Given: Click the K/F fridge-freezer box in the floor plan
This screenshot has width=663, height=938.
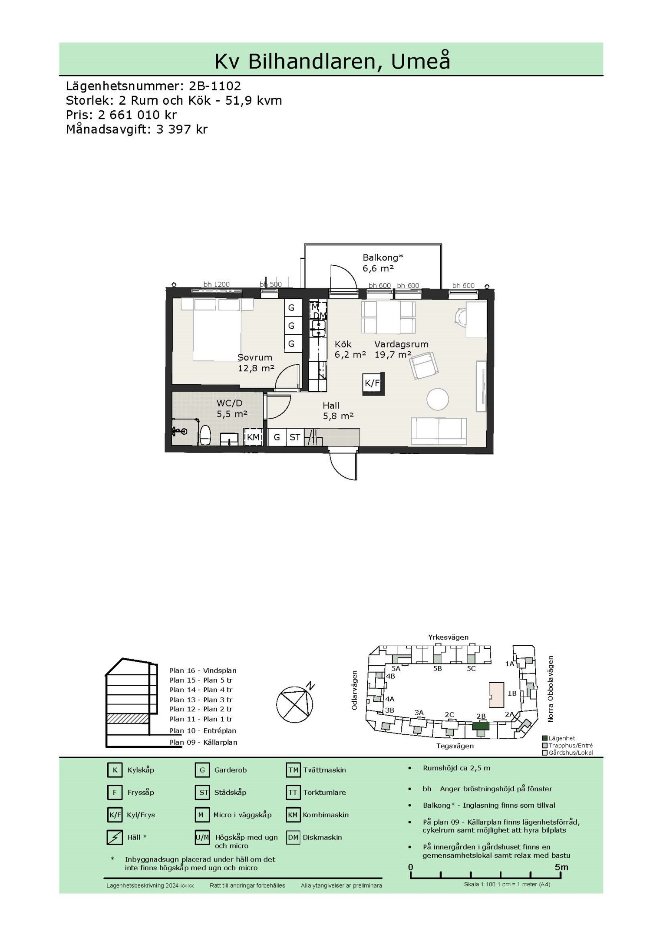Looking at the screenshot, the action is (x=372, y=383).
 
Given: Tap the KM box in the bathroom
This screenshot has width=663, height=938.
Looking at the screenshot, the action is (x=253, y=437).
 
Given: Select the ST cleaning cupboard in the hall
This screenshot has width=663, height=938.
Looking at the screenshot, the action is (x=295, y=437).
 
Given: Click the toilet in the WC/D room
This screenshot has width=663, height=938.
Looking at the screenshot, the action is (x=205, y=435).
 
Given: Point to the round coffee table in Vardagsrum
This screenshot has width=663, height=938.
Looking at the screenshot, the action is (x=437, y=399).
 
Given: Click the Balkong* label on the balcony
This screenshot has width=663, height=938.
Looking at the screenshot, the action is (x=383, y=258).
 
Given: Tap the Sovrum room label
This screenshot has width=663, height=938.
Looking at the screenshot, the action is (x=255, y=357).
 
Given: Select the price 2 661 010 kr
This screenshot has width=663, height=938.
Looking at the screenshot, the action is (x=137, y=115).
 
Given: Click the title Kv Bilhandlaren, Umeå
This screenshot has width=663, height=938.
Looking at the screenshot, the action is (x=332, y=61).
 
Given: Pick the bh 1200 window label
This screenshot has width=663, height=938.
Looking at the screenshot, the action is (x=216, y=284).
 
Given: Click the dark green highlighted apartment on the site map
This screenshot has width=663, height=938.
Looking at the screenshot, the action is (x=481, y=726).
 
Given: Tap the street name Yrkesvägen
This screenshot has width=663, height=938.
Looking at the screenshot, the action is (x=449, y=637).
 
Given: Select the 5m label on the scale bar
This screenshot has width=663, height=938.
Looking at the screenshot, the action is (x=561, y=867).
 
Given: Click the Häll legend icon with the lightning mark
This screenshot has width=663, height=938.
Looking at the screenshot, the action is (x=115, y=837).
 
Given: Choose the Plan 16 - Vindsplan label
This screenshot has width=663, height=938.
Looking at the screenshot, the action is (x=203, y=670).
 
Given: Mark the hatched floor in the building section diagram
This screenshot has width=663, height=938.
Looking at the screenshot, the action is (x=128, y=719).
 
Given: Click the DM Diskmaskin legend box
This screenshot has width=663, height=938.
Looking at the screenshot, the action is (x=293, y=837).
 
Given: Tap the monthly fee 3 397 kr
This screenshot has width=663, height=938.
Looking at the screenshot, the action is (x=182, y=129).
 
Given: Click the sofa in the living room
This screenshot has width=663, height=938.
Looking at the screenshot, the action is (x=439, y=431).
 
